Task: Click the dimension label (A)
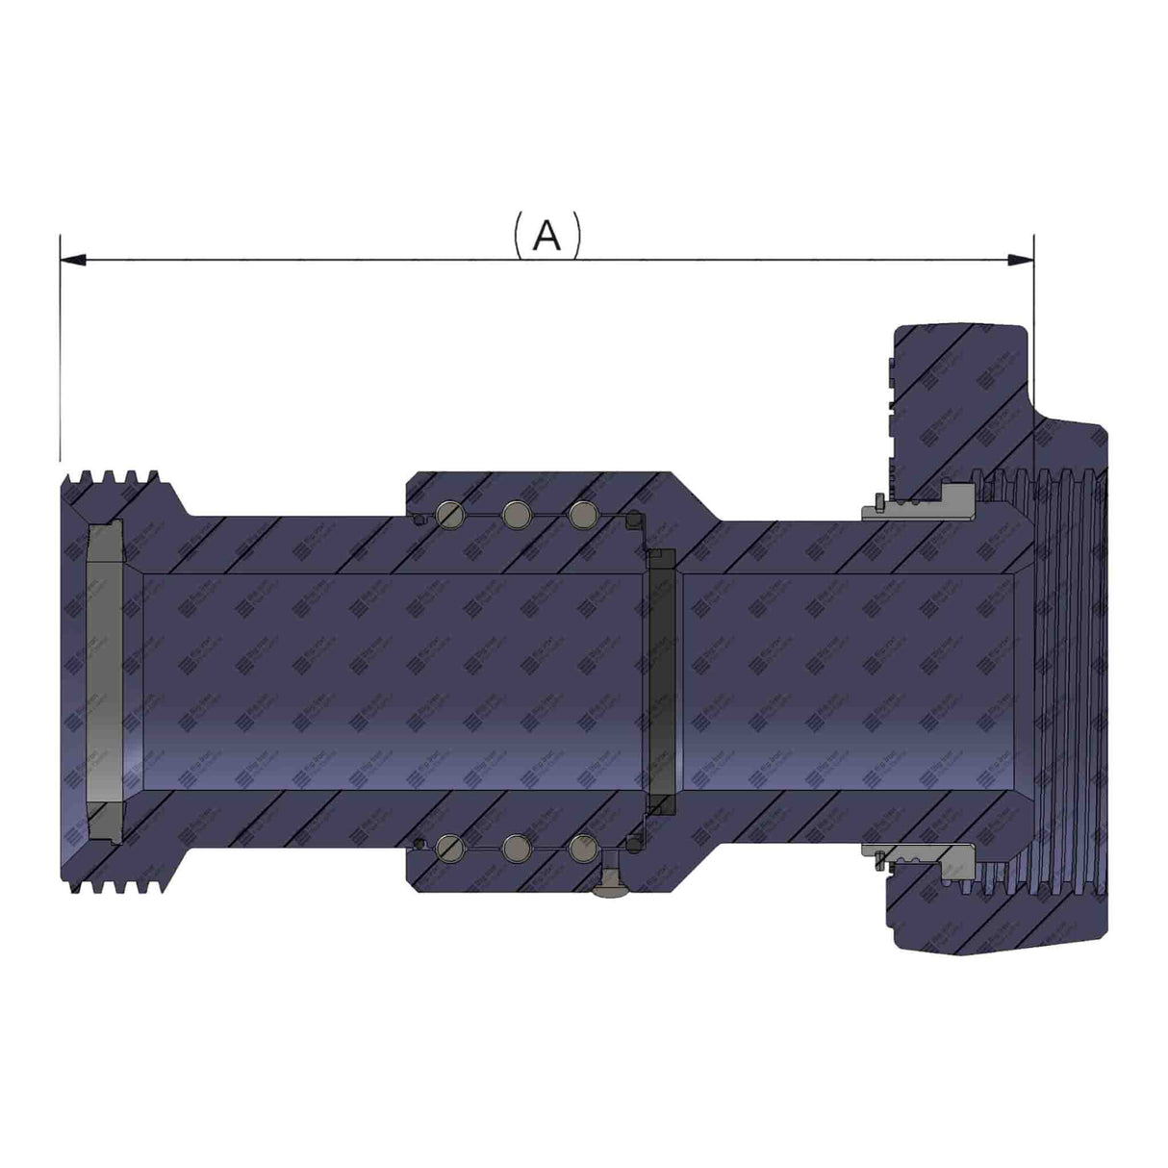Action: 546,235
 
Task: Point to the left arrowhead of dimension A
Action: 72,260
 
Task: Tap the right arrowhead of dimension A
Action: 1021,260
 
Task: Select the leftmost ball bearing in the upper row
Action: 450,515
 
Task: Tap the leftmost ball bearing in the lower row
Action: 450,847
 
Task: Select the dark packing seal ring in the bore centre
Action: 660,679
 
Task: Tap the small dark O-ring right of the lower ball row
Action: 634,845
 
